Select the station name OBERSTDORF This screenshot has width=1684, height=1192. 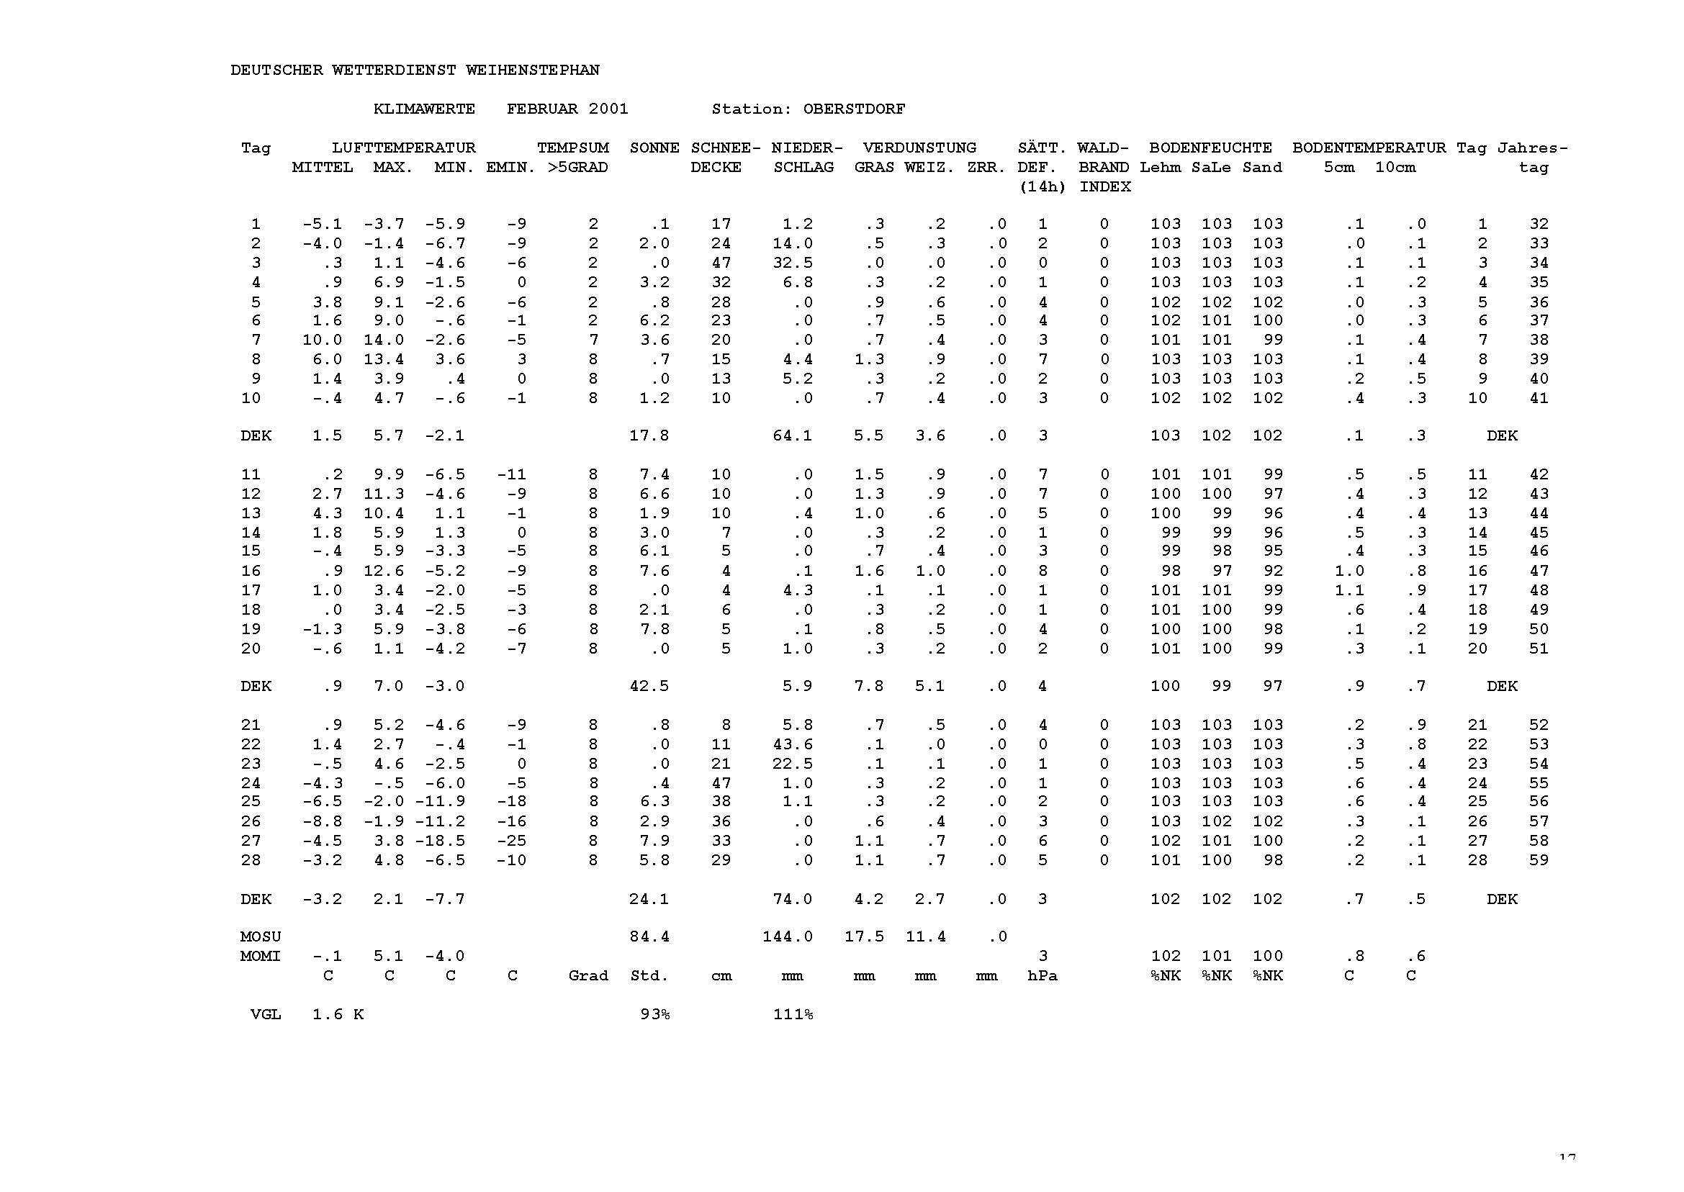(854, 109)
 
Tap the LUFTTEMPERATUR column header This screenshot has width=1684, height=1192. (403, 148)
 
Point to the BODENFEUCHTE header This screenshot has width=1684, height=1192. (1210, 148)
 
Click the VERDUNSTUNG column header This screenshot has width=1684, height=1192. (919, 148)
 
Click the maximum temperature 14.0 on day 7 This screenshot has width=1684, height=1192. (383, 340)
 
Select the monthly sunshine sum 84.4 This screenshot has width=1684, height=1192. (649, 936)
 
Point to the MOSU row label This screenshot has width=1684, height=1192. (260, 936)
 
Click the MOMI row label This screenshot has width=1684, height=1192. (260, 957)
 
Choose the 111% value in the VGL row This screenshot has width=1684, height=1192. (792, 1014)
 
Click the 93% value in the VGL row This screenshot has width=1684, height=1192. (654, 1014)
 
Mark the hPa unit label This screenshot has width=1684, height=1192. (1042, 976)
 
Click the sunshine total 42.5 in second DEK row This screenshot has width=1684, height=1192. (649, 686)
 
